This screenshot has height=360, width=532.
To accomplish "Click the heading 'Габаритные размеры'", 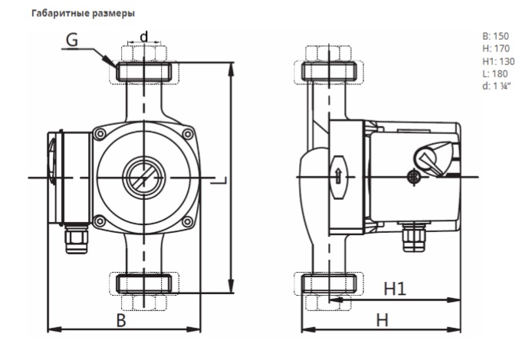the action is [x=83, y=14].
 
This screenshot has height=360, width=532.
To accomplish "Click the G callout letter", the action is [x=72, y=40].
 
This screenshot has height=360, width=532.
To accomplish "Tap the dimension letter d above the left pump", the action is [x=144, y=36].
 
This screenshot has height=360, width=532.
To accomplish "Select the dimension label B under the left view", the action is [x=121, y=320].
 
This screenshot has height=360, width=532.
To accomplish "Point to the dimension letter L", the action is [x=218, y=180].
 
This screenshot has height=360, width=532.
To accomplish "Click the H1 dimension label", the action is [x=395, y=289].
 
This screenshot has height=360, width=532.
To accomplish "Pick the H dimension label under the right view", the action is [x=383, y=320].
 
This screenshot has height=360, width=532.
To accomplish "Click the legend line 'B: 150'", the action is [x=495, y=36].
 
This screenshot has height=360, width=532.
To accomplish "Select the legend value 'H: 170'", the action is [x=496, y=49].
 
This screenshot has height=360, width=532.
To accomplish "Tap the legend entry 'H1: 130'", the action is [x=498, y=61].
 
